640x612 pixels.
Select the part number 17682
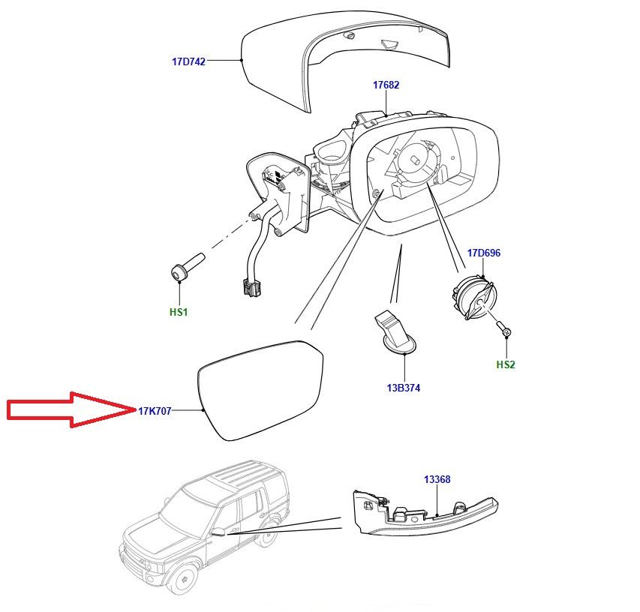(386, 85)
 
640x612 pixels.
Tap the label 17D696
(483, 253)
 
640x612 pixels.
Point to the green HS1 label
(179, 311)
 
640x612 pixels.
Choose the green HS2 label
(506, 365)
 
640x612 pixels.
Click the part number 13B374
(404, 388)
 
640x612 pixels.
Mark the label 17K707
(155, 411)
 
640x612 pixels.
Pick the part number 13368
(437, 479)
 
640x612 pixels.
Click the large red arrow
(68, 409)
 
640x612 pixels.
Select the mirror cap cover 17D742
(345, 56)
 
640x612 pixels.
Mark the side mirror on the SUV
(218, 532)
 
